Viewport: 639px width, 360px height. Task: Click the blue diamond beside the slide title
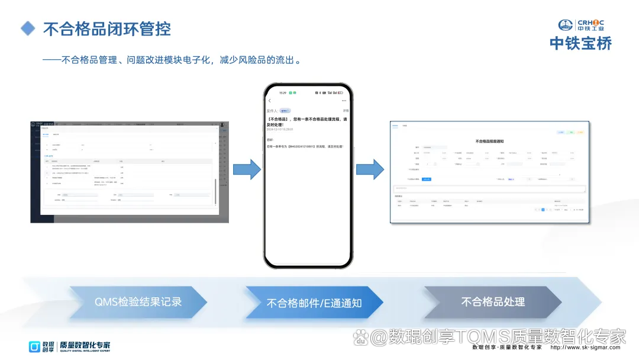(x=28, y=28)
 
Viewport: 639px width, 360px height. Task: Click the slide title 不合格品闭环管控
(x=106, y=28)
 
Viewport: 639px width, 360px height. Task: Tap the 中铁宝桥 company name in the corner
(x=580, y=43)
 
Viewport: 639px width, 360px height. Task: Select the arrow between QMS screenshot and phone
(x=246, y=169)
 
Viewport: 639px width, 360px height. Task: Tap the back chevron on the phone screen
(x=270, y=101)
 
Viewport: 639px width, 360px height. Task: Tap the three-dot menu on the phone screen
(x=344, y=101)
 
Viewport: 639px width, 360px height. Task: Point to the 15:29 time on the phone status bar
(x=283, y=92)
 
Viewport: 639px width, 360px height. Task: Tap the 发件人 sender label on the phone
(x=272, y=111)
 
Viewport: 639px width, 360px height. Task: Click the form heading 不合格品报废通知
(x=489, y=142)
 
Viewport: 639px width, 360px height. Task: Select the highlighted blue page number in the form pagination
(x=542, y=210)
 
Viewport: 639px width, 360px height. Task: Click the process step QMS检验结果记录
(x=138, y=302)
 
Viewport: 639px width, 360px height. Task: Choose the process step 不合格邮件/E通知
(x=314, y=303)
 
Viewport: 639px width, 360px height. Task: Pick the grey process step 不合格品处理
(x=493, y=302)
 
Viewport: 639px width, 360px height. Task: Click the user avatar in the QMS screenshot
(x=222, y=125)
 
